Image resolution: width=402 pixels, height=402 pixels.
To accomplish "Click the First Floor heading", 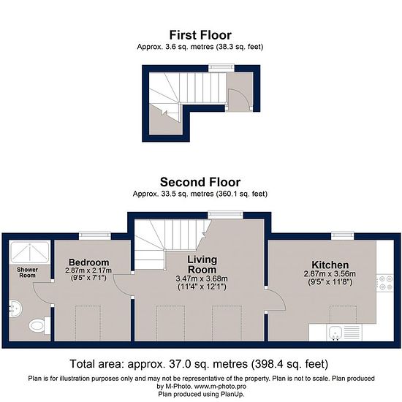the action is coord(200,35).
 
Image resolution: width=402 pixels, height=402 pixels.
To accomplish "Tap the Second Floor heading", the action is coord(200,182).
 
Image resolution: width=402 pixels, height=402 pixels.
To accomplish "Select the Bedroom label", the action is coord(89,262).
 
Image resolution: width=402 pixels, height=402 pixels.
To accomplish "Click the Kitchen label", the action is coord(330,265).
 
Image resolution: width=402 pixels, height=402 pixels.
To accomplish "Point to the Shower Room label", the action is coord(28,273).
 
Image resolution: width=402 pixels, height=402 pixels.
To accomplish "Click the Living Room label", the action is coord(202,265).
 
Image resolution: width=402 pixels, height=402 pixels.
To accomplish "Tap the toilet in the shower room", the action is coord(39,325).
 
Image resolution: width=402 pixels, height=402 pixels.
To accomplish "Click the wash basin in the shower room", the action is coord(15,308).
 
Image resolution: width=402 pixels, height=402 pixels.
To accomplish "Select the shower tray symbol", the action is coord(30,252).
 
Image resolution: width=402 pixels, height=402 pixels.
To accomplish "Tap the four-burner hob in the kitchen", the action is coord(384,283).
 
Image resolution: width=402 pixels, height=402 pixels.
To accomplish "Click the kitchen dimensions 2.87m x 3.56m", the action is coord(330,274).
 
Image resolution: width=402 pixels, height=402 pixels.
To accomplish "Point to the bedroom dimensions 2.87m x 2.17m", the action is coord(88,270).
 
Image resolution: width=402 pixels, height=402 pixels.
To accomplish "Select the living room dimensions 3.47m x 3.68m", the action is coord(202,278).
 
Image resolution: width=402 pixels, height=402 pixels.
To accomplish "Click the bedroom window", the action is coord(94,236).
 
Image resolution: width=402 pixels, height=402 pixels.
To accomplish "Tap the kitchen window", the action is coord(343,235).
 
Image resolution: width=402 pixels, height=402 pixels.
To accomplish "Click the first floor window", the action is coord(221,68).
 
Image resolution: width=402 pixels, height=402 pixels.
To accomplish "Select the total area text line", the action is coord(199,364).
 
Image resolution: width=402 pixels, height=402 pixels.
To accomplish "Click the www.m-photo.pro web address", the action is coord(220,387).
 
